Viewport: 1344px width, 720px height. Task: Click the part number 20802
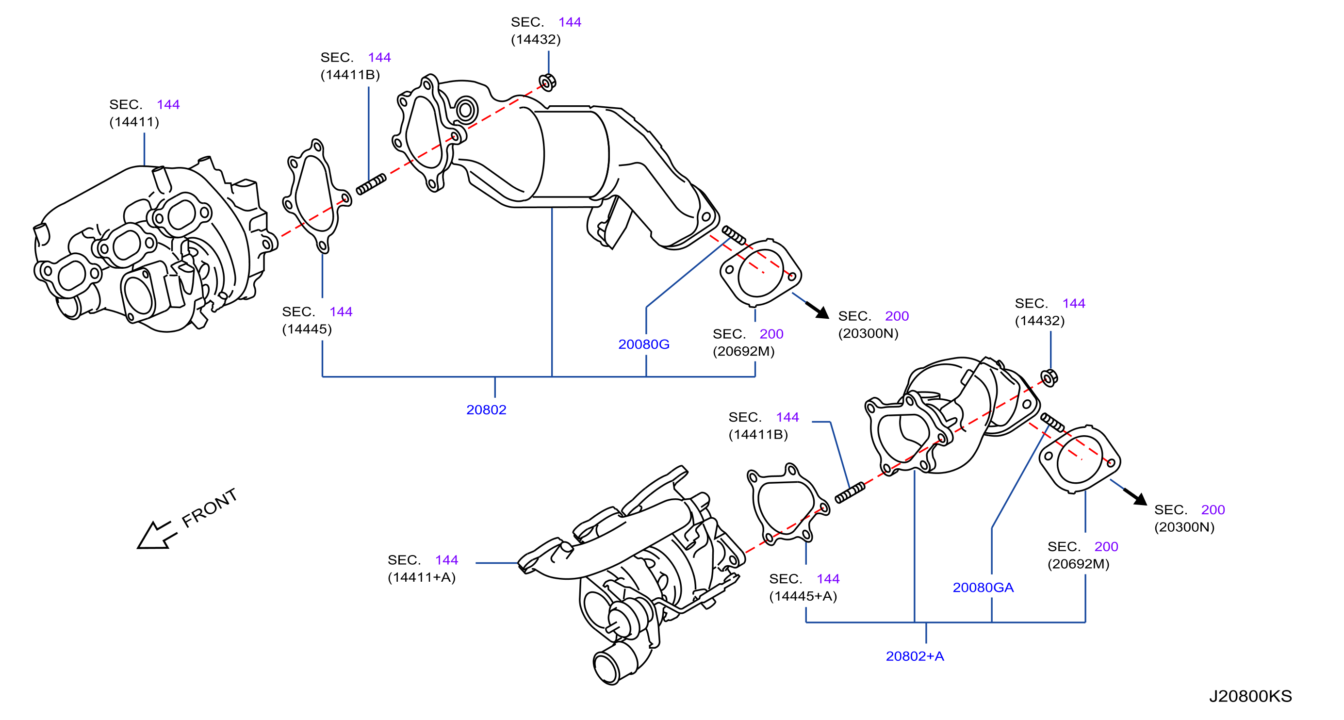point(486,409)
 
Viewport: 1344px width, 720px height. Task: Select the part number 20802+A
point(915,656)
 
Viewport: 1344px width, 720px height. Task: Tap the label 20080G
point(643,344)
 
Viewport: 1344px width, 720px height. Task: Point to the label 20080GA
point(983,588)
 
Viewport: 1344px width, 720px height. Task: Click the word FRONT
point(209,507)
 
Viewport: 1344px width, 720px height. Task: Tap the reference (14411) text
point(134,122)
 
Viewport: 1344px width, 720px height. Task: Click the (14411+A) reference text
point(422,577)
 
